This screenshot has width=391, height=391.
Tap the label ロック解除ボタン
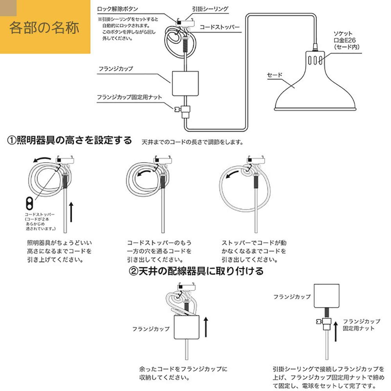tap(117, 8)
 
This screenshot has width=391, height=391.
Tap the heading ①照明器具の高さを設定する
tap(70, 140)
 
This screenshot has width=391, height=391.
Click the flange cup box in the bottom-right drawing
tap(326, 296)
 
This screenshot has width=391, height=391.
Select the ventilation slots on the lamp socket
tap(316, 60)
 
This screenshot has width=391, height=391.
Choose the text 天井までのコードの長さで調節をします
tap(193, 142)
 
